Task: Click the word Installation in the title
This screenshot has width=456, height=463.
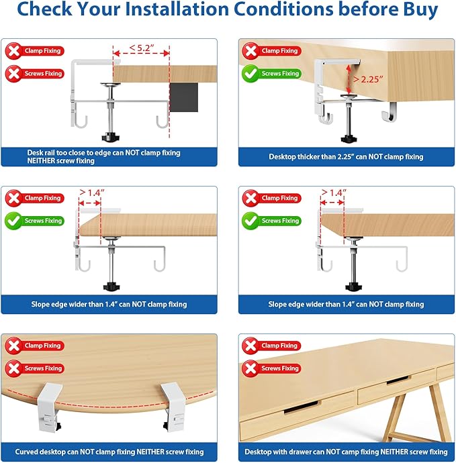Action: [x=177, y=9]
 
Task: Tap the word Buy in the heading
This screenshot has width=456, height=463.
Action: [x=420, y=10]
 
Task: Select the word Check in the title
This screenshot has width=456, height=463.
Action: [x=44, y=9]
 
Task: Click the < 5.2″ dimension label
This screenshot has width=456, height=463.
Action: [x=142, y=48]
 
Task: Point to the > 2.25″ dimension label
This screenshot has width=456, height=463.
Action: [x=368, y=79]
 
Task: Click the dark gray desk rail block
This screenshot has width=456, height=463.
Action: [x=183, y=97]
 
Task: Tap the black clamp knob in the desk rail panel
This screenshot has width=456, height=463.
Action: [x=111, y=138]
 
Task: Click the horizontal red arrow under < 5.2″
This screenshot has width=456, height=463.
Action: [x=141, y=54]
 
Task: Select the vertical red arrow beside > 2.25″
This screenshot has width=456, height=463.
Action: [x=349, y=79]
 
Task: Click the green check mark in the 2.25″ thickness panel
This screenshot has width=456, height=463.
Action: [x=250, y=74]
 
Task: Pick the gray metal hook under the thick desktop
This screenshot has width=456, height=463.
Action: [x=390, y=111]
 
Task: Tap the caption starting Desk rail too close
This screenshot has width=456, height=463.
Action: [x=103, y=157]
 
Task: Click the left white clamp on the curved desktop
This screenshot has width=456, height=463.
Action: [x=50, y=407]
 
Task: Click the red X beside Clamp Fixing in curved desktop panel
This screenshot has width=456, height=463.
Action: [x=13, y=346]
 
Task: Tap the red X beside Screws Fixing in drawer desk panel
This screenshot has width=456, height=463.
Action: [x=250, y=368]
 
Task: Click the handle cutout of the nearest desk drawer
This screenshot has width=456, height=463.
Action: [x=302, y=407]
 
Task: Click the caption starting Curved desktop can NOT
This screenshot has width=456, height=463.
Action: [x=109, y=452]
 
